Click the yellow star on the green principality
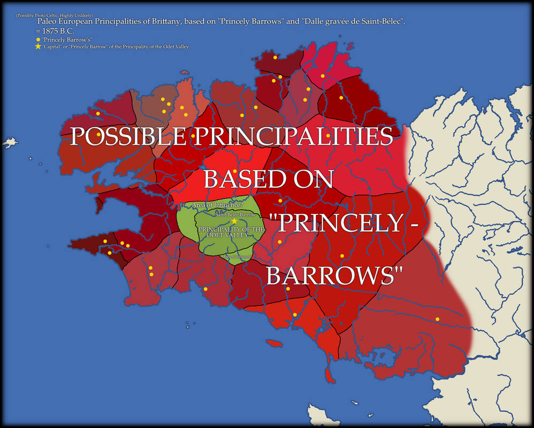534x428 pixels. (x=234, y=221)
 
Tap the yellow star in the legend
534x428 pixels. (x=37, y=46)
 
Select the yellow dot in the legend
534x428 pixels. (x=37, y=40)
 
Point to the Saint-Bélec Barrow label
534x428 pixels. (x=235, y=214)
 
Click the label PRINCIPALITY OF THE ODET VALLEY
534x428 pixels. (x=231, y=232)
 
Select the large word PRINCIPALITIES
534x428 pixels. (x=293, y=137)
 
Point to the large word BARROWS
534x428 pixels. (x=334, y=276)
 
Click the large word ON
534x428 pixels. (x=315, y=179)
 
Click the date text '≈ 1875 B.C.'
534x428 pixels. (x=56, y=32)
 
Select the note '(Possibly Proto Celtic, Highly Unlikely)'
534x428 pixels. (x=54, y=15)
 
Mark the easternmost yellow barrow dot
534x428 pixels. (x=437, y=319)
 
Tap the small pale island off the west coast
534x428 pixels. (x=9, y=143)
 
